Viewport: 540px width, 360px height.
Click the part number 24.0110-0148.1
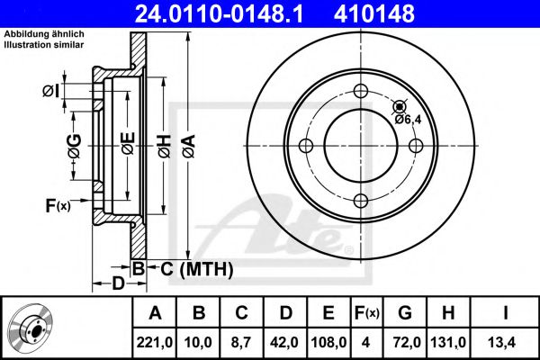tap(231, 13)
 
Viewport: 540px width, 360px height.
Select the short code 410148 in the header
tap(401, 13)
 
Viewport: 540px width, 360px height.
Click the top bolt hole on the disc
tap(361, 90)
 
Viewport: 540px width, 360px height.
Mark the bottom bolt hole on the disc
tap(361, 202)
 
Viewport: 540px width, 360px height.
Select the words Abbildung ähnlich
tap(44, 33)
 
